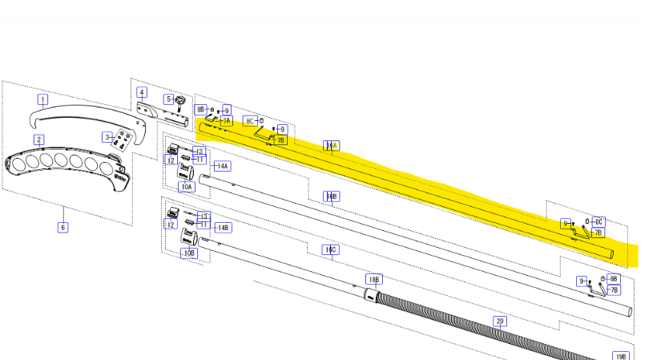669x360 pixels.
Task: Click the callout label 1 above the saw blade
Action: [x=42, y=99]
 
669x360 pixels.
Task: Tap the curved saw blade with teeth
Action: [x=80, y=120]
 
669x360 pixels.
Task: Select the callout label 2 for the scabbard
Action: [x=39, y=140]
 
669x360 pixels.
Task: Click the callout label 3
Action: [x=106, y=137]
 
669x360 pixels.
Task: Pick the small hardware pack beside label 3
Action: [x=123, y=140]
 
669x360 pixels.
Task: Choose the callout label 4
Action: [x=142, y=92]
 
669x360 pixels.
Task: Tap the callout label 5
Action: [x=169, y=99]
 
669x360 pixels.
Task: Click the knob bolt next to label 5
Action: [x=181, y=103]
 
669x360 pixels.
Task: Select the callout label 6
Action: [x=62, y=227]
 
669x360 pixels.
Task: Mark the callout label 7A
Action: [x=226, y=120]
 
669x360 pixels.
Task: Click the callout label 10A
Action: [x=186, y=187]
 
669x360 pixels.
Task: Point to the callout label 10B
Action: [x=189, y=253]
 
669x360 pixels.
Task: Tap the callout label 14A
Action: [x=222, y=166]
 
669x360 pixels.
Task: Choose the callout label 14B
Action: [x=222, y=227]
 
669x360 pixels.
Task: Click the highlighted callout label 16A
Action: [x=331, y=146]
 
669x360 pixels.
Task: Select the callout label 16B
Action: [x=331, y=196]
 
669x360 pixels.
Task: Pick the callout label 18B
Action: [x=373, y=279]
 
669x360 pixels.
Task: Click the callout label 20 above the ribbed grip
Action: [x=500, y=321]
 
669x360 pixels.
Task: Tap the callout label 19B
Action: [x=620, y=355]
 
